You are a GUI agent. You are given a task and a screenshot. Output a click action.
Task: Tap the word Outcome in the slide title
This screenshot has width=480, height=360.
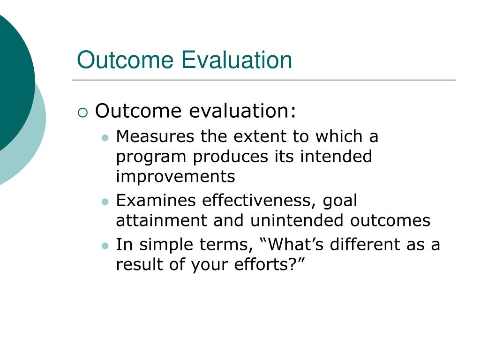126,60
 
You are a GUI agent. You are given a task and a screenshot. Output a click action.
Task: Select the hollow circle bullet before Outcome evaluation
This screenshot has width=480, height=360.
82,112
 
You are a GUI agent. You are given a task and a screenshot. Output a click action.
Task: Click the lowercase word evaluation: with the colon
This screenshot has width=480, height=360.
243,112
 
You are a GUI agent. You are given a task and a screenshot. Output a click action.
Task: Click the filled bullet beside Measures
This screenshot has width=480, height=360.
105,138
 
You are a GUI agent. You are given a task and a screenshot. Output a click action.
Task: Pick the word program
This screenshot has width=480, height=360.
151,157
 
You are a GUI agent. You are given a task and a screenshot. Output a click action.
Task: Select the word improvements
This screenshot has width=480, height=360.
175,176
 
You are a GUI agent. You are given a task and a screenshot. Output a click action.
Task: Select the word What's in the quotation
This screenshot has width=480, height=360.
292,245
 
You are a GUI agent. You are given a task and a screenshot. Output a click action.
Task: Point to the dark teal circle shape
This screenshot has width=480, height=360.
12,80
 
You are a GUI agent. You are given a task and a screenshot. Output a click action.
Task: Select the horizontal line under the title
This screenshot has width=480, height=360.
263,80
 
